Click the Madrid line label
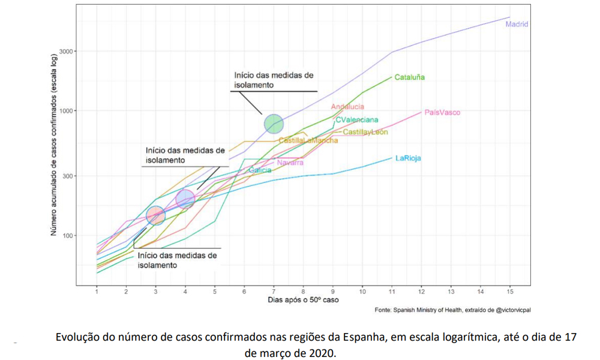[517, 25]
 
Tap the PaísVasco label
[442, 112]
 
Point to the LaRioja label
[408, 158]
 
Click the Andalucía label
[347, 107]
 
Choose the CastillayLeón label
[365, 132]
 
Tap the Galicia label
[260, 170]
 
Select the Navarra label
[290, 163]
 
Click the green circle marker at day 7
[274, 124]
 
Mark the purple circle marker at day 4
[185, 199]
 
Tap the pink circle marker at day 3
[156, 215]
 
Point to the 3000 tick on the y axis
[64, 51]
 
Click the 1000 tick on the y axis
[64, 110]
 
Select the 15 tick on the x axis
[510, 292]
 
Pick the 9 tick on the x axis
[333, 292]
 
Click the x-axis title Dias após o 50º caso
[303, 300]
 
